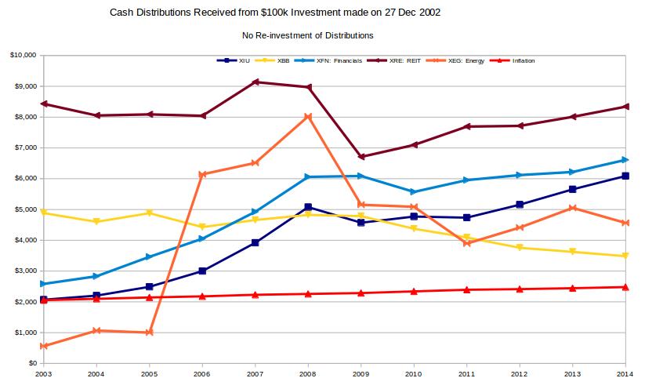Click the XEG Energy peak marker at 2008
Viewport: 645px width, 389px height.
point(308,117)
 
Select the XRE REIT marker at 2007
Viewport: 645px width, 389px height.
point(255,82)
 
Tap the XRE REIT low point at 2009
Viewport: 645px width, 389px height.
point(361,157)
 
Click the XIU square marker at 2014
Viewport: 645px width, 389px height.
point(625,176)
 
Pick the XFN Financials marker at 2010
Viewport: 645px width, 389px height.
point(413,191)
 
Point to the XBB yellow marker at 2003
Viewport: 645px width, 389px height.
point(44,213)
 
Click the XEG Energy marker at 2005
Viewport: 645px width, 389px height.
point(149,333)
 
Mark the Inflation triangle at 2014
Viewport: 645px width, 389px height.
point(625,287)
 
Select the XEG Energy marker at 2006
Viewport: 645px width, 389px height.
point(202,175)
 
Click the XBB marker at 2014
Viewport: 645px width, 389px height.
point(625,256)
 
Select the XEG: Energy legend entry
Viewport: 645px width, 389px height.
point(461,60)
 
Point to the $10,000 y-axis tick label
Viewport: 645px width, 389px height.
point(23,56)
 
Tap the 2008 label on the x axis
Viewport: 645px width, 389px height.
point(308,375)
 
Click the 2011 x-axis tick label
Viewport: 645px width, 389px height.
point(466,375)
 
